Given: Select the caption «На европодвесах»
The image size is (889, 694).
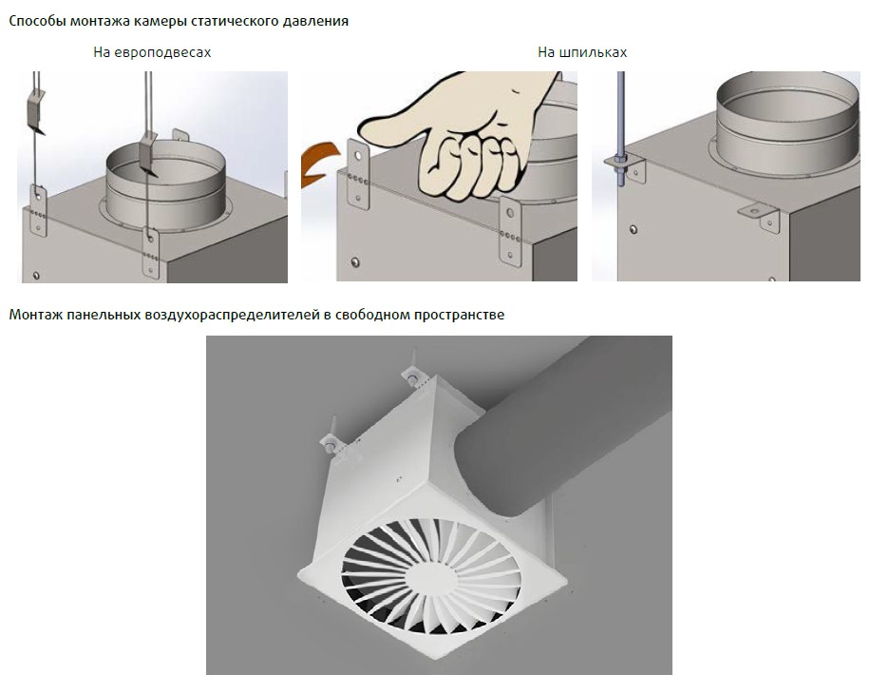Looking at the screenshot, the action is coord(152,53).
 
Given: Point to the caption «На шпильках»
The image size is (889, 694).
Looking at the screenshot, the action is coord(582,53).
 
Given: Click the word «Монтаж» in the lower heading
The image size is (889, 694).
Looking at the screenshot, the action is coord(36,315).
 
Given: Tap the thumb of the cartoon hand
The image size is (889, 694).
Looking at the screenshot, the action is coord(391,122).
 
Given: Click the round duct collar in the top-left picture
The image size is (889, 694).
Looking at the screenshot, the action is coord(165,186).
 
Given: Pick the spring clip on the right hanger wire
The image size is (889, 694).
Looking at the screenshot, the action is coord(148,153).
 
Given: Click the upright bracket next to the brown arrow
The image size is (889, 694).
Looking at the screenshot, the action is coord(358,174).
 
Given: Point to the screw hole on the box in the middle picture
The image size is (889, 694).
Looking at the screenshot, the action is coord(355,262).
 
